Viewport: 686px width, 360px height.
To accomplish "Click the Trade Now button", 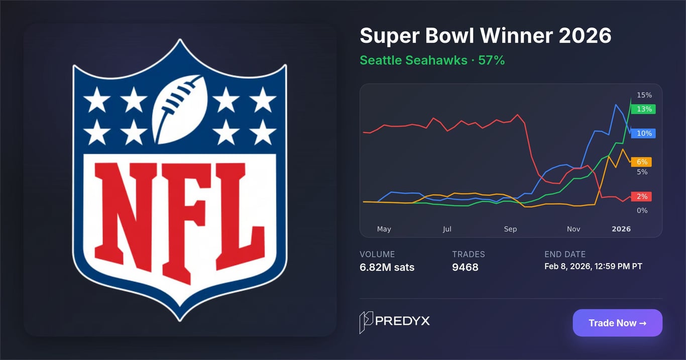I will tap(617, 323).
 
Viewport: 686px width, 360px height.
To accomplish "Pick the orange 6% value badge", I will tap(641, 162).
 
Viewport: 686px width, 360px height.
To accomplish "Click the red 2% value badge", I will tap(641, 197).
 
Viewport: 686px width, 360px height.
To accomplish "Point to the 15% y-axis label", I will tap(644, 95).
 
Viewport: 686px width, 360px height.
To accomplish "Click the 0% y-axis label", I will tap(642, 210).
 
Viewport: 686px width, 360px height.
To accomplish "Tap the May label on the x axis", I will tap(384, 229).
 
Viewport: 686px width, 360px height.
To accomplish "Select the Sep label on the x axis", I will tap(510, 229).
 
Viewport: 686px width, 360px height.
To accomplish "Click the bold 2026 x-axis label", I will tap(621, 229).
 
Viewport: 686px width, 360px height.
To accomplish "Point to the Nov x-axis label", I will tap(574, 229).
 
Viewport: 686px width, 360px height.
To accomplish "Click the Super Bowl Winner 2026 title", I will tap(485, 36).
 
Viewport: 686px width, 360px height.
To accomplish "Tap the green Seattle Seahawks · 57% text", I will tap(432, 60).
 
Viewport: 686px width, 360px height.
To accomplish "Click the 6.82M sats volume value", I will tap(387, 267).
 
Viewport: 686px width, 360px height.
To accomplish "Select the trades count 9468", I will tap(465, 267).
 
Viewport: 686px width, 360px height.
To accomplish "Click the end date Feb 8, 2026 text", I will tap(593, 266).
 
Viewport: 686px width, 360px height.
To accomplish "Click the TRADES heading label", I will tap(468, 255).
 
